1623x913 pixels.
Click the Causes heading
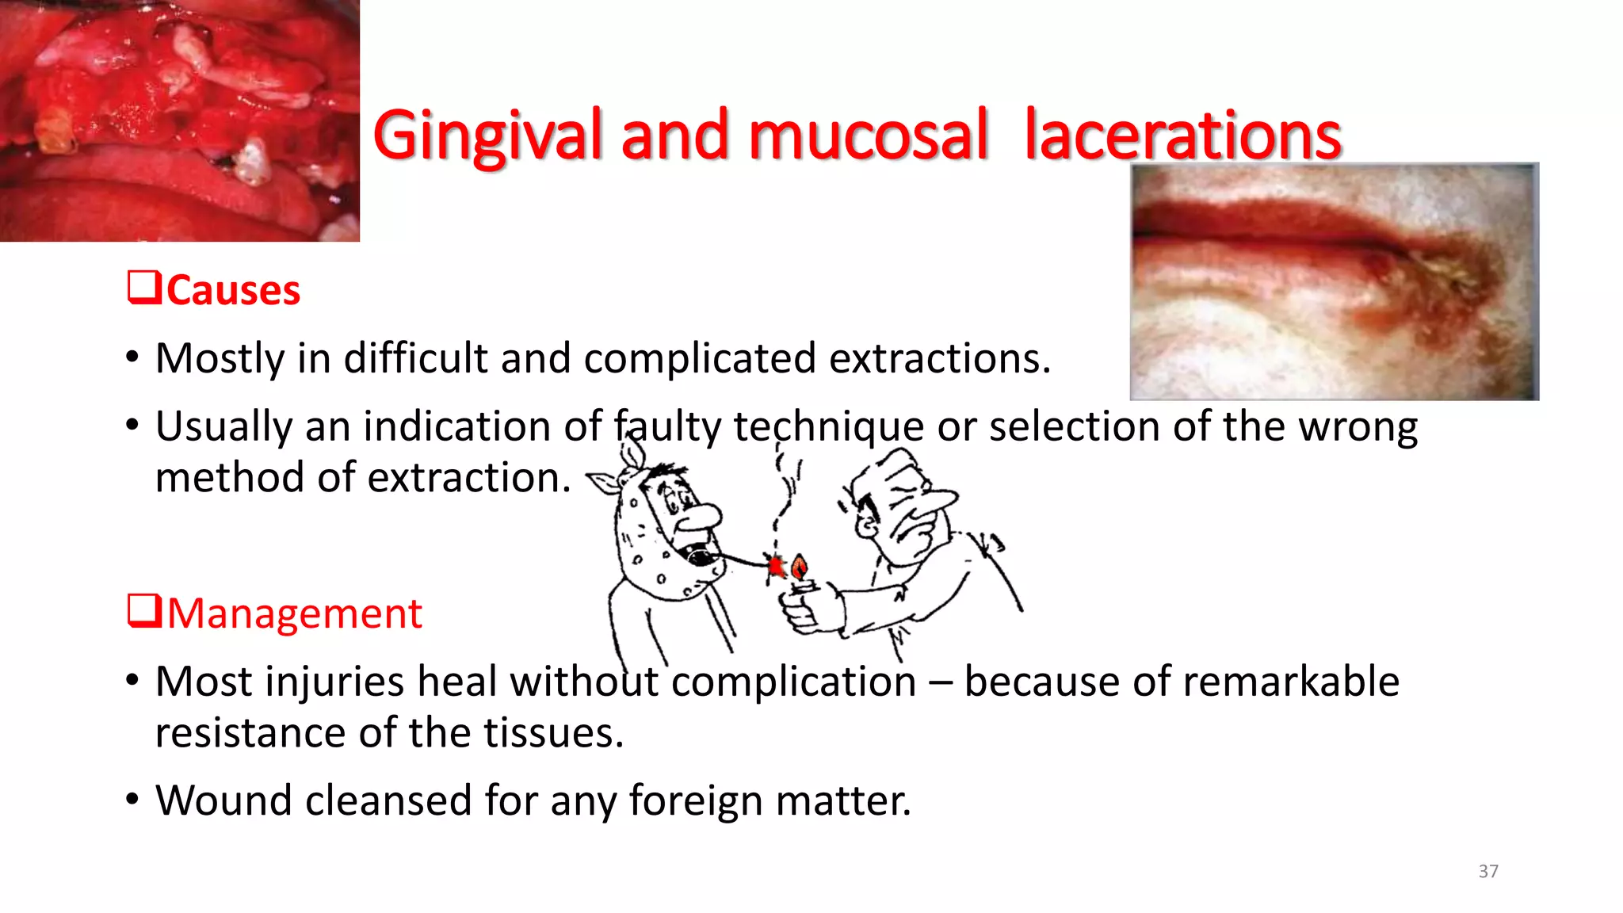(233, 290)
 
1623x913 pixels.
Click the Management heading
(294, 613)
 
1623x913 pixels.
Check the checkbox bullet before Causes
(144, 288)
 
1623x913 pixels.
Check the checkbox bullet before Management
(144, 611)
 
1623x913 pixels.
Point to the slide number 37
(1487, 871)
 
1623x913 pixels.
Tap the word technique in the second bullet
(828, 427)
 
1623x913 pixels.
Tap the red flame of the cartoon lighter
(800, 567)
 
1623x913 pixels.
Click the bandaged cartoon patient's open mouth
(701, 557)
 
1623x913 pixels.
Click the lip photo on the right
(1334, 281)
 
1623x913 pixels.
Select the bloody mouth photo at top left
(179, 120)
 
